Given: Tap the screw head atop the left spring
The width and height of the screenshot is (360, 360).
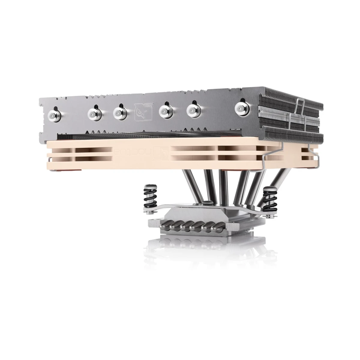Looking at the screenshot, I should coord(148,188).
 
